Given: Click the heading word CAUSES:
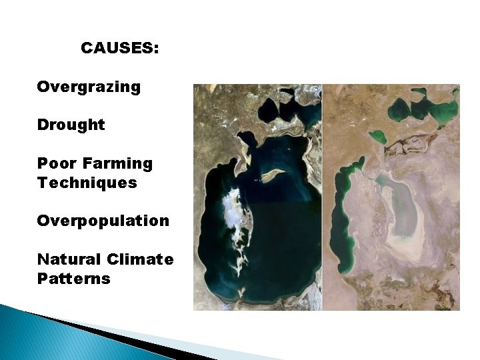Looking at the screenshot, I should coord(119,49).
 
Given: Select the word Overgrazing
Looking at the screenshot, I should coord(89,87).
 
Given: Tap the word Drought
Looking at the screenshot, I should coord(71,125).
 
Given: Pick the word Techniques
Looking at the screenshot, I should coord(87,183).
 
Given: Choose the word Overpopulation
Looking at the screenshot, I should coord(103,221).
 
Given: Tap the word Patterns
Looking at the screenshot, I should coord(74,278).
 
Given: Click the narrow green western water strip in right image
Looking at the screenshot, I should coord(343,213).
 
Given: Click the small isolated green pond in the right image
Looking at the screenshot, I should coord(377,137).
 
